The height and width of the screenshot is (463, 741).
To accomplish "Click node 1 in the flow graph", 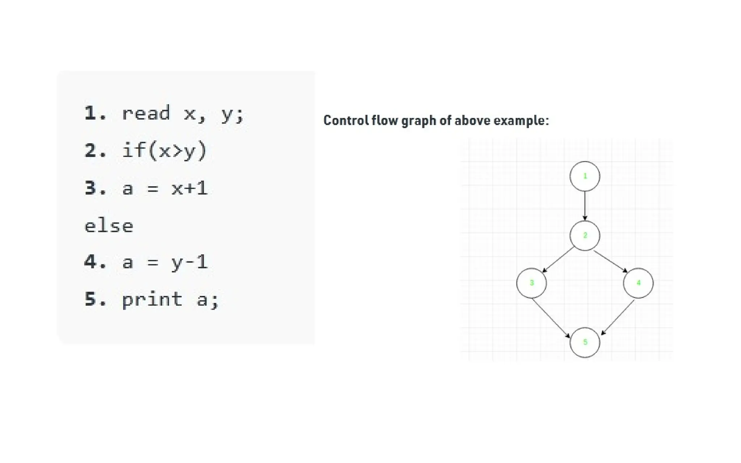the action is pos(585,176).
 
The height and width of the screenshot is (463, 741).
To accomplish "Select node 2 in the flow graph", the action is pos(585,235).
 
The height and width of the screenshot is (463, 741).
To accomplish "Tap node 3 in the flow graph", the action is pos(532,283).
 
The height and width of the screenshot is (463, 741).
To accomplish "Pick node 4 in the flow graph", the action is pos(638,283).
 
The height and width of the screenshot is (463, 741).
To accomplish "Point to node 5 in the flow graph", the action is pos(585,342).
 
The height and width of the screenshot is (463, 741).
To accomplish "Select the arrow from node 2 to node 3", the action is pos(558,259).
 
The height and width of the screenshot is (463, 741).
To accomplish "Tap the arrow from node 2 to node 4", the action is pos(611,261).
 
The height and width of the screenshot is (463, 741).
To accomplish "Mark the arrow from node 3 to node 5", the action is pos(551,317).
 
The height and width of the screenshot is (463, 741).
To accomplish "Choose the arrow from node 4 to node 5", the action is pos(618,317).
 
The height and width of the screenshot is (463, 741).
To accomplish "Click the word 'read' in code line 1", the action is pos(145,114).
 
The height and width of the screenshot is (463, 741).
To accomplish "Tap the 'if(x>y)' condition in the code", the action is pos(164,150).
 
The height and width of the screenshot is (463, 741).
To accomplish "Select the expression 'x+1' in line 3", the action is pos(190,188).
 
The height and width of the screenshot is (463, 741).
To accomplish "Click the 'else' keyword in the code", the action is pos(109,226).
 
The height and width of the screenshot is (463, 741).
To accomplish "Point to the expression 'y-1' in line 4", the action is pos(190,262).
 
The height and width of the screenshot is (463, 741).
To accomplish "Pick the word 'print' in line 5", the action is pos(152,300).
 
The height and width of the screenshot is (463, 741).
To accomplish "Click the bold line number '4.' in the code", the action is pos(95,262).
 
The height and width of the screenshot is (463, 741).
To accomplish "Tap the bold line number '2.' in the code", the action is pos(95,150).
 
